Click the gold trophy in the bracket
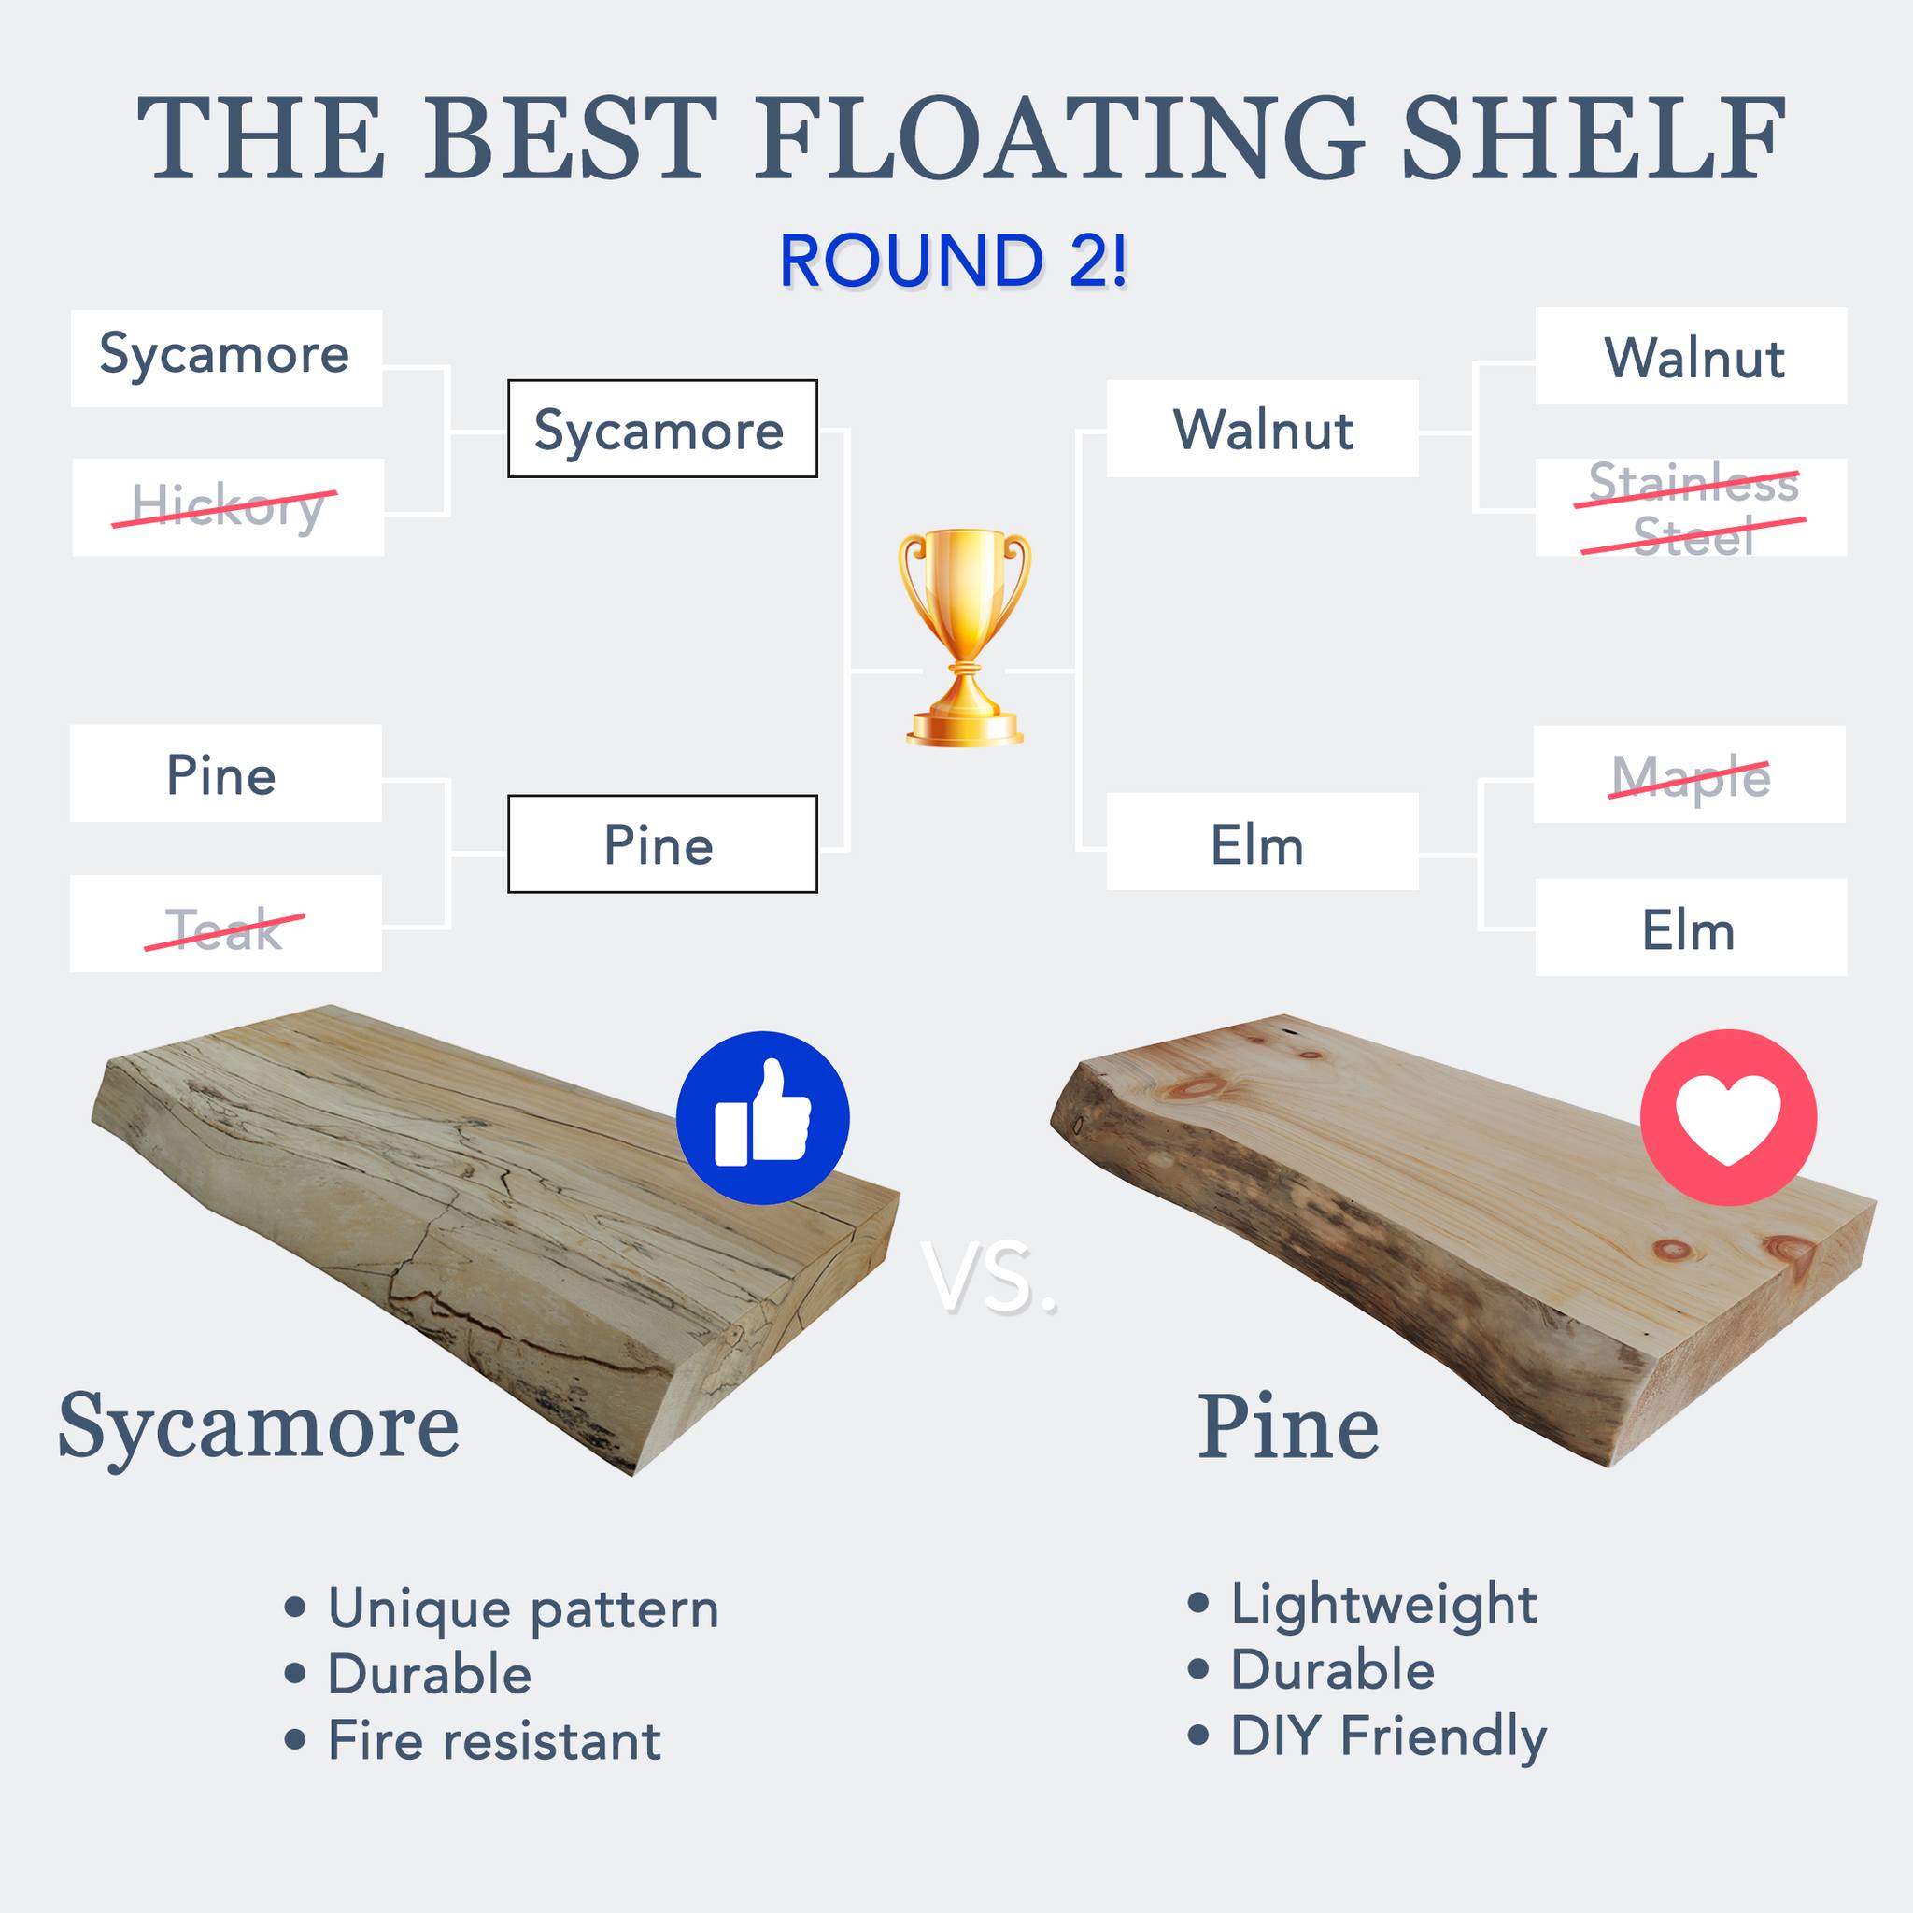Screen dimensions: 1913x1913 click(964, 637)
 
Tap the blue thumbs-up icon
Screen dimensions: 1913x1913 click(762, 1118)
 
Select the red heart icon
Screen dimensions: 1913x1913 click(1728, 1118)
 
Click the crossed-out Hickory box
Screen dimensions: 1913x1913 click(228, 507)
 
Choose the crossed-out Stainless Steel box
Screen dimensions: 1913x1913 click(1692, 507)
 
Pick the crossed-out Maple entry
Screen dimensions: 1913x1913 click(1689, 773)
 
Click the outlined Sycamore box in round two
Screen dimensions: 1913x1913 click(662, 429)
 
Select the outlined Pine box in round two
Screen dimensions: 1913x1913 click(662, 843)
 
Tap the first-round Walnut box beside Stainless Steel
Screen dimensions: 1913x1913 click(1692, 357)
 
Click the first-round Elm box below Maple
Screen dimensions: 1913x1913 click(1692, 927)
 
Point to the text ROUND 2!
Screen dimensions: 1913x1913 click(953, 262)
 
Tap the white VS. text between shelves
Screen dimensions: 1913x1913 click(988, 1279)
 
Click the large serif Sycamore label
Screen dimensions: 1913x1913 click(259, 1427)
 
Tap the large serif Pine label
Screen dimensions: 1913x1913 click(1288, 1427)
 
